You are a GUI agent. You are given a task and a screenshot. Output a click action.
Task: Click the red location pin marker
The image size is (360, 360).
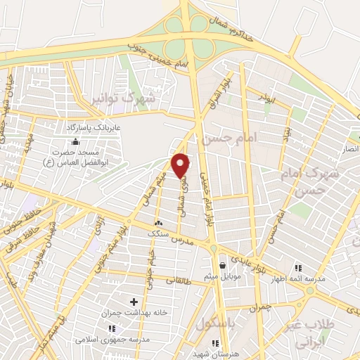click(181, 166)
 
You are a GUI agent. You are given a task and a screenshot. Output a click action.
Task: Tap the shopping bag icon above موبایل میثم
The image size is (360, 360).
click(223, 265)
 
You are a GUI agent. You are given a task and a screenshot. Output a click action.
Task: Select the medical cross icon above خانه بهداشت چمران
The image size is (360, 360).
click(134, 302)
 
